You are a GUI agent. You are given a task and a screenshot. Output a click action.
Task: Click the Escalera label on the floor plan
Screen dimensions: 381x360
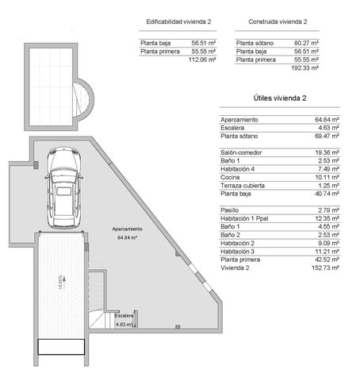coord(124,317)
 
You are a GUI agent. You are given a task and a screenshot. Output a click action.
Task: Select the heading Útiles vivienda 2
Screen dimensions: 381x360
coord(280,98)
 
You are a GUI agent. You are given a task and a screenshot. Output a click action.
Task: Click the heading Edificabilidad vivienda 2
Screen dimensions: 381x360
coord(178,21)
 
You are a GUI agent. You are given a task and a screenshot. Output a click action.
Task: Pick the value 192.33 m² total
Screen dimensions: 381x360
coord(305,68)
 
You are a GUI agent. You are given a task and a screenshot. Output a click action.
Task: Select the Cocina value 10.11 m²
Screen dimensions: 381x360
coord(327,177)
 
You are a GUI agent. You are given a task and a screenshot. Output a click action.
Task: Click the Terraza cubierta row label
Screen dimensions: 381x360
coord(246,185)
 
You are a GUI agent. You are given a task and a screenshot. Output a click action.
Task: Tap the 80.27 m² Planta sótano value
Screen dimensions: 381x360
coord(306,43)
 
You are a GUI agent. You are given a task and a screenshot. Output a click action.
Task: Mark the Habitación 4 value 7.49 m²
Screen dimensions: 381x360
coord(327,168)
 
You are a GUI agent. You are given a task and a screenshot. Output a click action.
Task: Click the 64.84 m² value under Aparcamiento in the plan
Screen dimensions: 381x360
coord(127,237)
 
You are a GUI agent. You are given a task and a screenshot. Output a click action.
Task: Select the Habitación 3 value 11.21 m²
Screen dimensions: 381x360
coord(327,251)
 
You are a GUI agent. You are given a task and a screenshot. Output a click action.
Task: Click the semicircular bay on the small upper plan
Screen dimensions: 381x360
coord(82,98)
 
